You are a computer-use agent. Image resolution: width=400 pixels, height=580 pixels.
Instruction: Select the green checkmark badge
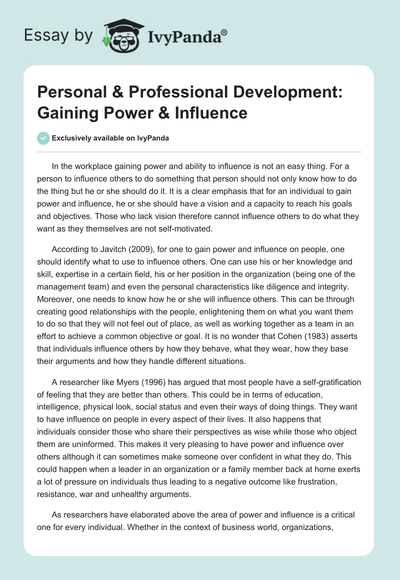44,138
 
